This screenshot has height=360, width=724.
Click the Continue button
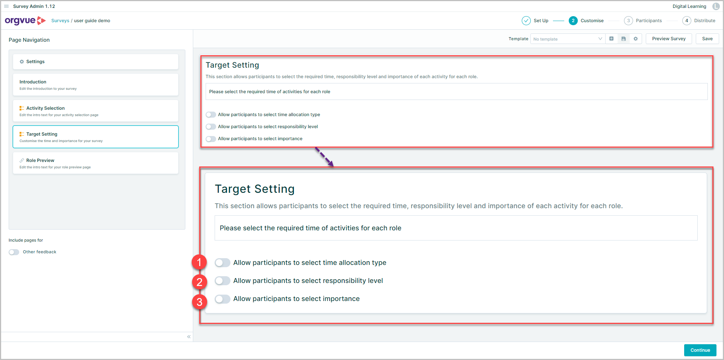(x=700, y=350)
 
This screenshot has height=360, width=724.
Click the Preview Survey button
(x=668, y=39)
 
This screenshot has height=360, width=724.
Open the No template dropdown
(x=567, y=39)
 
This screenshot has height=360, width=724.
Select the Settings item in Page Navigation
(x=95, y=62)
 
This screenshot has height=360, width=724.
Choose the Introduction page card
(x=95, y=85)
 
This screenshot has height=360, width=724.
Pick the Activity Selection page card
(x=95, y=111)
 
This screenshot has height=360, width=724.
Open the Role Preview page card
(x=95, y=163)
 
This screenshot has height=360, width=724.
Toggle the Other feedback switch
(x=14, y=252)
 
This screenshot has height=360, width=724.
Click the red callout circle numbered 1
(x=199, y=262)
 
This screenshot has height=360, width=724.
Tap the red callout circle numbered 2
(x=199, y=282)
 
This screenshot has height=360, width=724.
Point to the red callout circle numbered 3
(x=199, y=302)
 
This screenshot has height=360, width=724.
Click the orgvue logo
(x=25, y=21)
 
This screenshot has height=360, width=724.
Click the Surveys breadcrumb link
(x=60, y=21)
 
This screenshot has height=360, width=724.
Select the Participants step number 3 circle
(x=628, y=21)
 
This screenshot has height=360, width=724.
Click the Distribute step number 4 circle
(x=686, y=21)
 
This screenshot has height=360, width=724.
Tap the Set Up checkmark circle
(x=526, y=21)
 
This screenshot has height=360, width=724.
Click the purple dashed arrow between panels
(x=324, y=157)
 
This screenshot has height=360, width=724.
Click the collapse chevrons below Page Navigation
(x=189, y=337)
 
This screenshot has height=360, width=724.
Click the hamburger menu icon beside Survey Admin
(x=6, y=6)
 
